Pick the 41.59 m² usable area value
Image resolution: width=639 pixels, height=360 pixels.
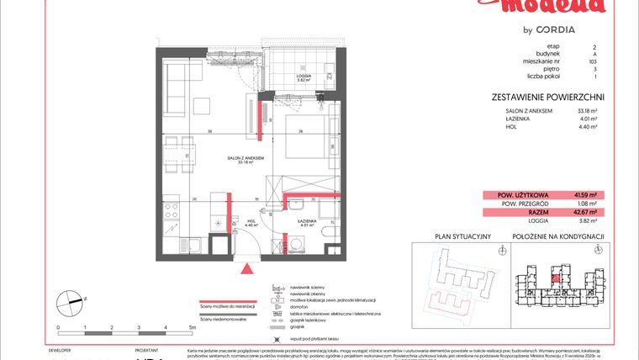(584, 194)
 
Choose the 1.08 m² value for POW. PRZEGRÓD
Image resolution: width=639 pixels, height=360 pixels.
(587, 204)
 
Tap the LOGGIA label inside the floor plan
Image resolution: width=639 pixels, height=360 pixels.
(305, 77)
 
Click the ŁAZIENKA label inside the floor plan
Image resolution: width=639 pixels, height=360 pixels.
(307, 222)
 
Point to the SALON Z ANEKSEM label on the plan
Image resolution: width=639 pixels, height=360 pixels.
(246, 158)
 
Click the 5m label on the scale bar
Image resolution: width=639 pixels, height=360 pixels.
(193, 326)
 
